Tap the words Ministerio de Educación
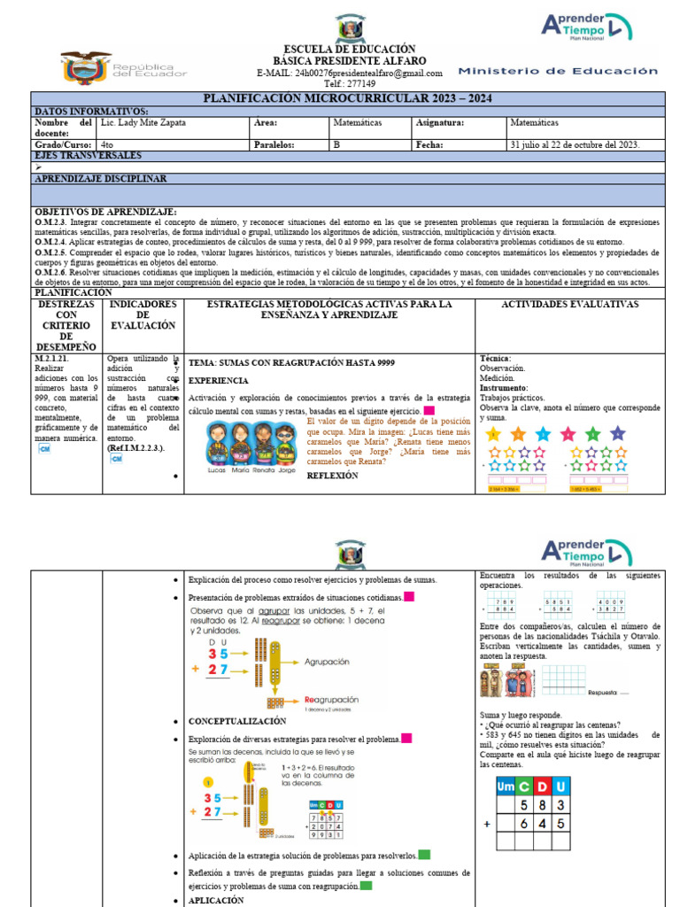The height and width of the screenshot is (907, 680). [559, 71]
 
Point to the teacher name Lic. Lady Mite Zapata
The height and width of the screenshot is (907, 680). [144, 123]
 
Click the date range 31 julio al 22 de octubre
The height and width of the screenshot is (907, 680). [575, 144]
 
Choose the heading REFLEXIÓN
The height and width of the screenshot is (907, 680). [333, 476]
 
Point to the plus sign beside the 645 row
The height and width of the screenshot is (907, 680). [486, 823]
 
